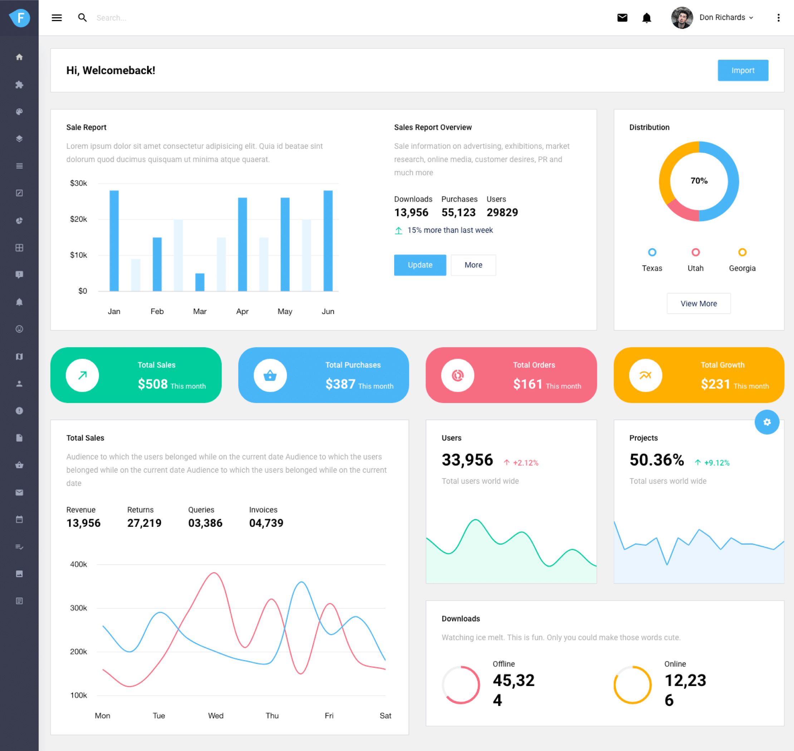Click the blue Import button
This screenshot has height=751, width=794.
click(x=742, y=70)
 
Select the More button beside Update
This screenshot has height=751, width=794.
click(x=473, y=265)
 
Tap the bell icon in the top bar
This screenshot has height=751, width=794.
click(x=646, y=18)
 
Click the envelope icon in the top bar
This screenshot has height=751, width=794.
click(x=622, y=18)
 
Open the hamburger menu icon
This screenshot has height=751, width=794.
click(x=57, y=18)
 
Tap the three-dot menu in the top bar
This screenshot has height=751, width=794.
click(x=778, y=18)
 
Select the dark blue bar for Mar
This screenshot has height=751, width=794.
click(x=200, y=282)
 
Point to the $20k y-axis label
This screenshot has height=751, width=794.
click(x=78, y=219)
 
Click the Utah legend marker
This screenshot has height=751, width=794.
click(x=696, y=252)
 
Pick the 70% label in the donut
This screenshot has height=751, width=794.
click(x=699, y=181)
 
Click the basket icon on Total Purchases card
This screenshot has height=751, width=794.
click(x=270, y=375)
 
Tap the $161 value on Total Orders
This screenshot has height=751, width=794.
click(x=527, y=384)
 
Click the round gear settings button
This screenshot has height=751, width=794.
click(x=766, y=422)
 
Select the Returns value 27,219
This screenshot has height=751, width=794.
click(x=144, y=523)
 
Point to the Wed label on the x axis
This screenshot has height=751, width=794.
click(x=215, y=715)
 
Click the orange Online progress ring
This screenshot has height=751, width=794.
click(x=632, y=684)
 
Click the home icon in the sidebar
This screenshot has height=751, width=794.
click(x=19, y=57)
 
